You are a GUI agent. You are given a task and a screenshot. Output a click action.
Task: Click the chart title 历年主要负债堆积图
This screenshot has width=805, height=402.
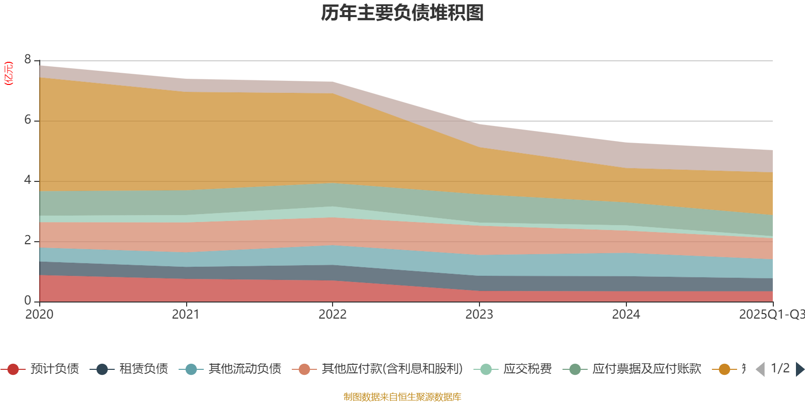pos(403,13)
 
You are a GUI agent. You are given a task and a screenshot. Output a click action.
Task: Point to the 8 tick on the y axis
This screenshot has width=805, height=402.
pos(28,60)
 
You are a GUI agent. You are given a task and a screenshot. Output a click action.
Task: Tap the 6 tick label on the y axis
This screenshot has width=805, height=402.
pos(28,120)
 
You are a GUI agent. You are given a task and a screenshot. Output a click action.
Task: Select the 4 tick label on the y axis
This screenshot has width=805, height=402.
pos(28,180)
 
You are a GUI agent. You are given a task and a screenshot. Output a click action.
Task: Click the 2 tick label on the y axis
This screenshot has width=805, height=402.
pos(28,241)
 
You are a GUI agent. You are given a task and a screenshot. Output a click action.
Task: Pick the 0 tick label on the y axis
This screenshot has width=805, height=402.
pos(28,301)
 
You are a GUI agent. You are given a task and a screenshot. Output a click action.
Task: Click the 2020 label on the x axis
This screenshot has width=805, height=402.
pos(39,315)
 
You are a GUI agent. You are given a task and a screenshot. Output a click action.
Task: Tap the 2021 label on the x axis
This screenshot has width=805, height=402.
pos(186,315)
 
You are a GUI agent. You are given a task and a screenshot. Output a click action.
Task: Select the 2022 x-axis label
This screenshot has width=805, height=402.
pos(333,315)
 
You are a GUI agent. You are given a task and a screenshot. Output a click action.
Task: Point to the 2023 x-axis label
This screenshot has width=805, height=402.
pos(479,315)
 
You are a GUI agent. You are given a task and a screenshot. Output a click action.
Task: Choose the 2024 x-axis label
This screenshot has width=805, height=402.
pos(626,315)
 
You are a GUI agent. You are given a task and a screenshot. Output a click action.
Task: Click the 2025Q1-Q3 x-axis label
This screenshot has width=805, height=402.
pos(771,315)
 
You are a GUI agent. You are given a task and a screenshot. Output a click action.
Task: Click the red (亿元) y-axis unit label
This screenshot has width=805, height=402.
pos(9,73)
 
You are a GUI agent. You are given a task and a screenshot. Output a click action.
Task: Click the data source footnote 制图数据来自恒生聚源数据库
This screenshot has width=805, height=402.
pos(403,397)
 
